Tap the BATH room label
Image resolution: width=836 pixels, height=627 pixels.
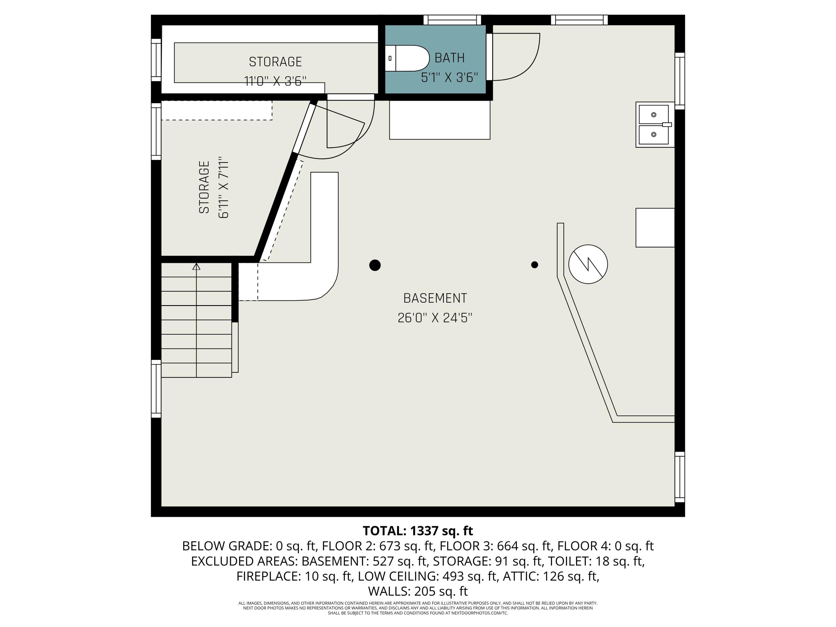pos(449,58)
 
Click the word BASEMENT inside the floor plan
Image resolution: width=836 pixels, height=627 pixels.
pos(435,298)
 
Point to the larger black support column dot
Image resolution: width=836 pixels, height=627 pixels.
pos(375,265)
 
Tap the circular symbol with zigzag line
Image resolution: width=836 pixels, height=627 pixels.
pos(588,264)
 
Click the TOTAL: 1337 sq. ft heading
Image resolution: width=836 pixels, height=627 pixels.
pos(418,531)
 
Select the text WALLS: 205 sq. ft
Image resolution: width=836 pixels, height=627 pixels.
pos(418,591)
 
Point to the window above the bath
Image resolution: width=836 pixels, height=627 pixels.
pos(452,20)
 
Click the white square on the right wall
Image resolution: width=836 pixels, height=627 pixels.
pos(655,227)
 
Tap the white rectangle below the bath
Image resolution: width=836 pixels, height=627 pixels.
pos(439,120)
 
